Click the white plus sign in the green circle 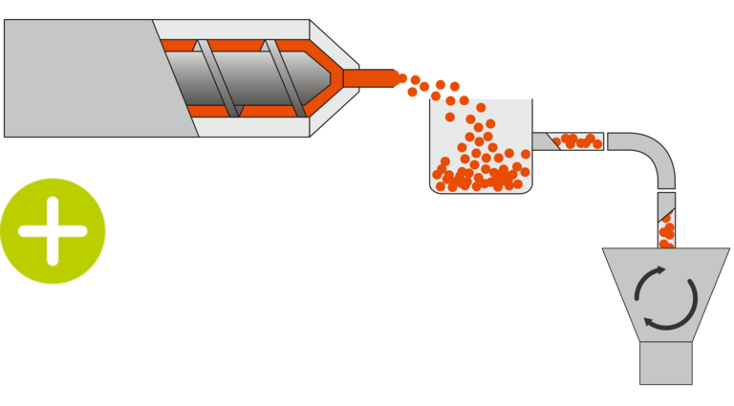click(53, 231)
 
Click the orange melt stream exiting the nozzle click(368, 77)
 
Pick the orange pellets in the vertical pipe click(666, 229)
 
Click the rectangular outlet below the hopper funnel click(666, 364)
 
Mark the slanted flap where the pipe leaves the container click(546, 141)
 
